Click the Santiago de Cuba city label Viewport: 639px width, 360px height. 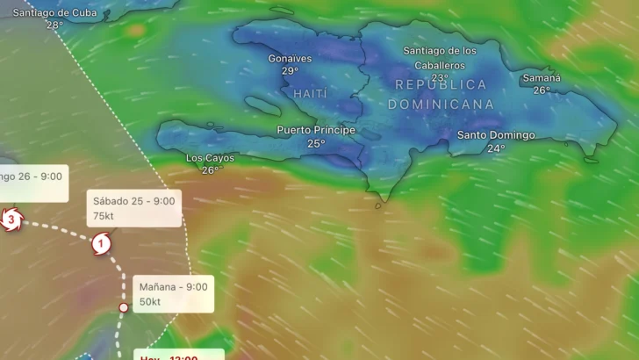pyautogui.click(x=54, y=11)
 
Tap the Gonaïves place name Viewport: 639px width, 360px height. pyautogui.click(x=291, y=58)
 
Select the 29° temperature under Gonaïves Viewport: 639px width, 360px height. pyautogui.click(x=291, y=71)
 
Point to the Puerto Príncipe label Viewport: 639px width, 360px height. pyautogui.click(x=316, y=130)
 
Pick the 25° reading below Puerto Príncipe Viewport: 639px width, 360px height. pyautogui.click(x=316, y=143)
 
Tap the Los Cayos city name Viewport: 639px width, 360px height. pyautogui.click(x=211, y=158)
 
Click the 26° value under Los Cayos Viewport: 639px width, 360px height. pyautogui.click(x=211, y=170)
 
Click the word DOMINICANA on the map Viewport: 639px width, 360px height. pyautogui.click(x=441, y=104)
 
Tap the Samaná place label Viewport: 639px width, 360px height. pyautogui.click(x=542, y=77)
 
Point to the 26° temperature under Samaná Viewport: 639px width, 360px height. pyautogui.click(x=542, y=90)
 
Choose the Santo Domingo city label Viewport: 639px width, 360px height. pyautogui.click(x=496, y=135)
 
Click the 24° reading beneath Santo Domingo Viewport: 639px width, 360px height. pyautogui.click(x=496, y=148)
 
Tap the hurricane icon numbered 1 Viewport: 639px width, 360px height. pyautogui.click(x=102, y=243)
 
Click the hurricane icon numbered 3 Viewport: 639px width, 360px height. pyautogui.click(x=10, y=219)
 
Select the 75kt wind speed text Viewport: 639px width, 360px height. pyautogui.click(x=104, y=214)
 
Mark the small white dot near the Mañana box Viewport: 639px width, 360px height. pyautogui.click(x=124, y=307)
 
